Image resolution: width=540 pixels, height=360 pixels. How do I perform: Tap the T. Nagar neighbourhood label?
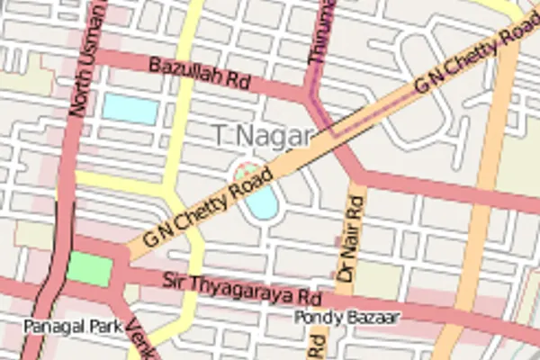(x=263, y=136)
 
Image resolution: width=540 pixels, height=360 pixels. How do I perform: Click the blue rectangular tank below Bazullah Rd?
(x=130, y=109)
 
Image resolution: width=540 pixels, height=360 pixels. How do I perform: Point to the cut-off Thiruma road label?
(x=320, y=31)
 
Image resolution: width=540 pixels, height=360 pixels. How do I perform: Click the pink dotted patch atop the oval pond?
(x=246, y=170)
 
